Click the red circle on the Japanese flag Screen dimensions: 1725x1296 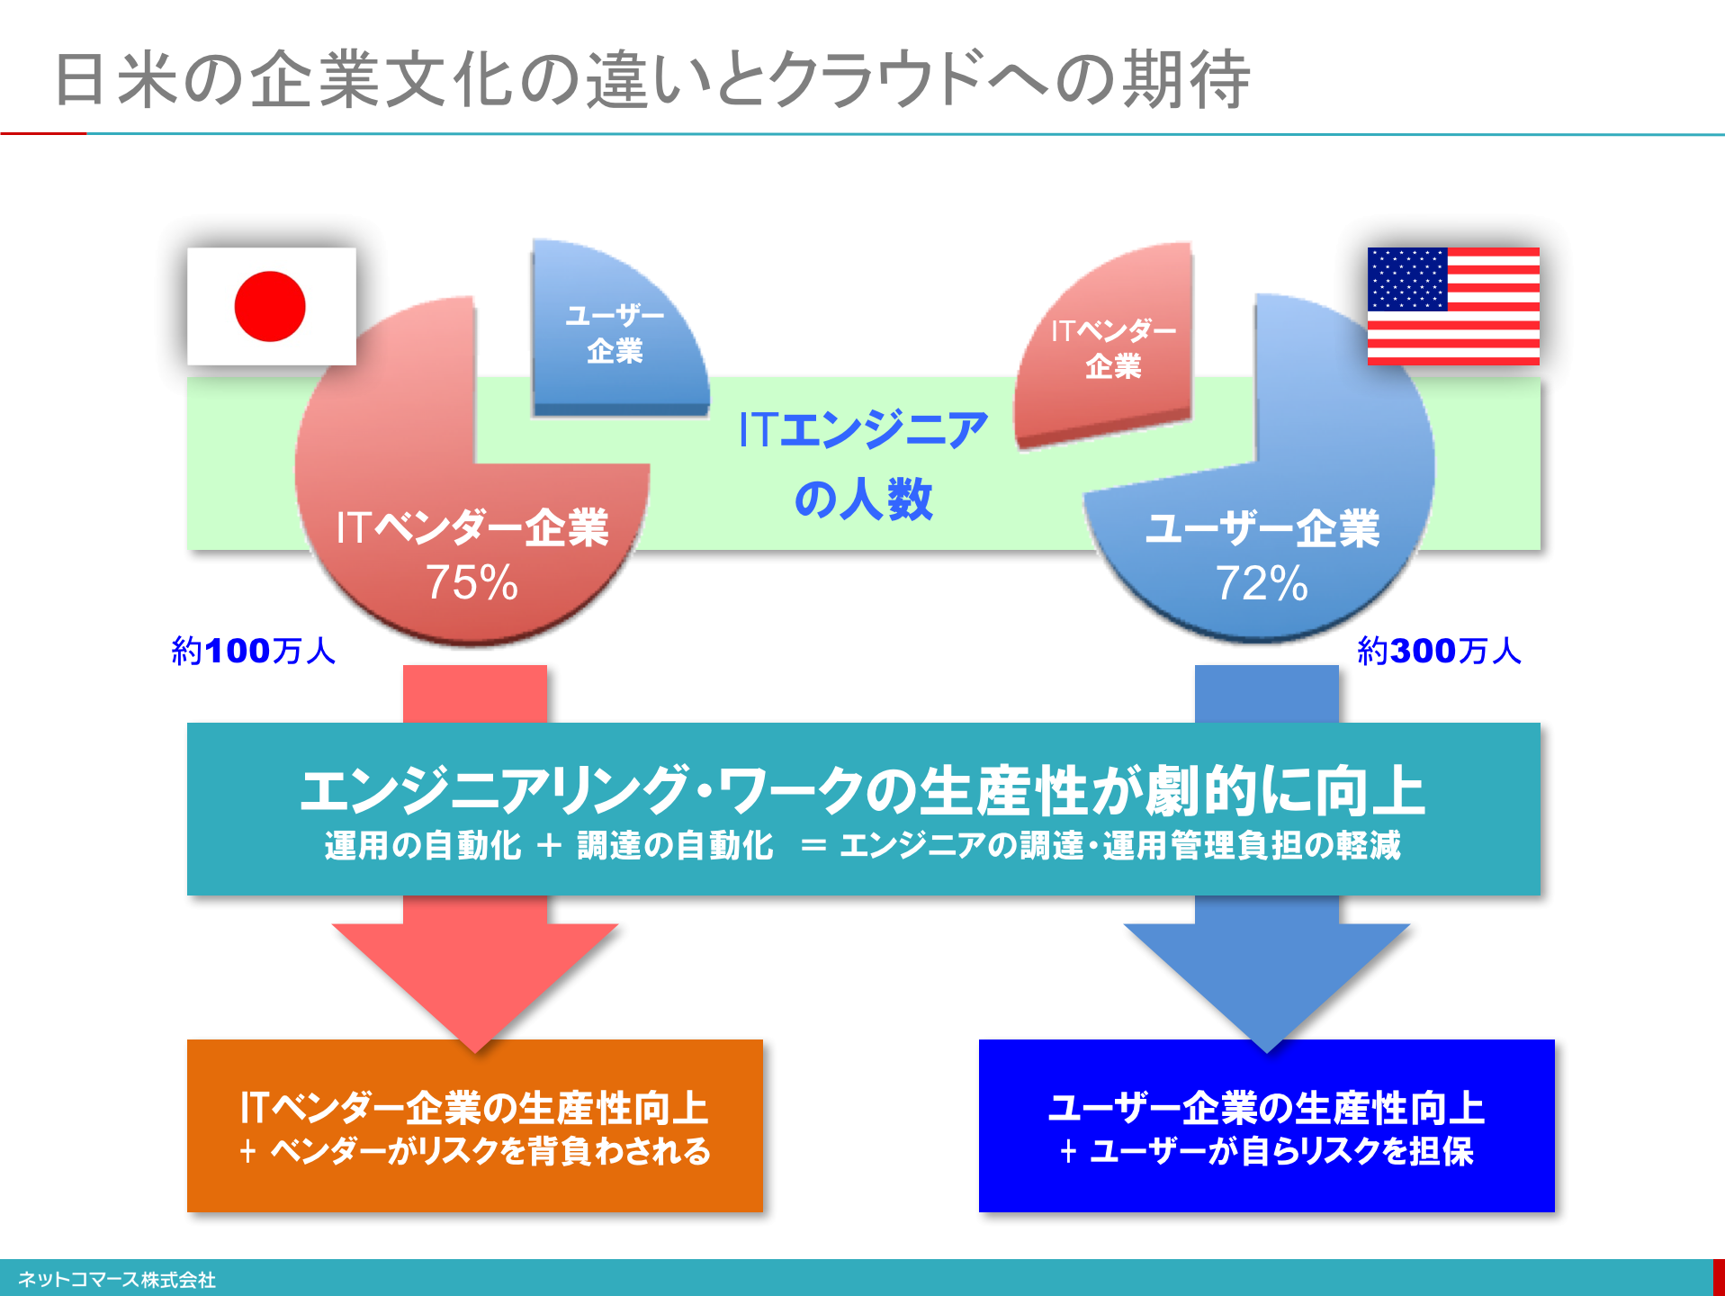click(270, 306)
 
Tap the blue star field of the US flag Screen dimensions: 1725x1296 click(1407, 279)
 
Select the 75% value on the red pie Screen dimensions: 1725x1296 click(472, 582)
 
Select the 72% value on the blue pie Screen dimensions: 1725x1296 click(1262, 583)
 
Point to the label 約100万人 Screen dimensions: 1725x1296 click(253, 651)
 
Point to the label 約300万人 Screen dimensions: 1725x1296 click(1439, 651)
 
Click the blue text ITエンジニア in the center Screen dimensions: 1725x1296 click(863, 429)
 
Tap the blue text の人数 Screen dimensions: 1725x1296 click(863, 499)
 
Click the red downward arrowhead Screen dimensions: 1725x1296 click(475, 985)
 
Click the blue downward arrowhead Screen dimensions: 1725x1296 click(1267, 985)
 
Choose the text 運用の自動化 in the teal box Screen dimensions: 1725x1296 click(423, 846)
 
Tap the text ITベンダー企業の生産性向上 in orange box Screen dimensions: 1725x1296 click(474, 1108)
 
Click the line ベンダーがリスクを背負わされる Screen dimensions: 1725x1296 click(490, 1151)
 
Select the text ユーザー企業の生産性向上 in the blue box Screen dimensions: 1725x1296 click(1267, 1108)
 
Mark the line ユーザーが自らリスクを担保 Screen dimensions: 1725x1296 click(1282, 1151)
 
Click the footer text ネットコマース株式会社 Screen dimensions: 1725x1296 click(117, 1280)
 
